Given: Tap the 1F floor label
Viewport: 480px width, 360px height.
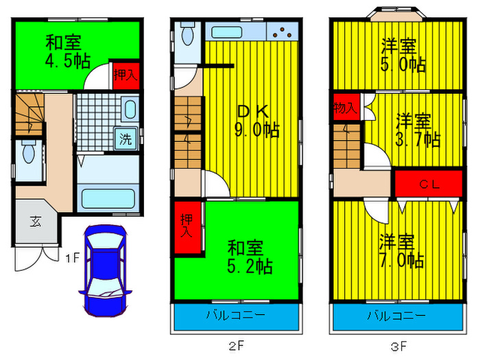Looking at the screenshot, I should [73, 259].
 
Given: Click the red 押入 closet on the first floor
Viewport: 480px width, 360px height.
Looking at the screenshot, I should [125, 75].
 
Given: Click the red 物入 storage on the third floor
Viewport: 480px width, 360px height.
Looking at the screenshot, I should [345, 108].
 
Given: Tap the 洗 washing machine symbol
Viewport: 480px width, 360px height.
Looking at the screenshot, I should [125, 140].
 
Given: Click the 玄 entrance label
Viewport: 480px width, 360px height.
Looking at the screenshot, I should [34, 221].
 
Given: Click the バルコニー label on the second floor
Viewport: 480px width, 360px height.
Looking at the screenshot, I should [235, 316].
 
